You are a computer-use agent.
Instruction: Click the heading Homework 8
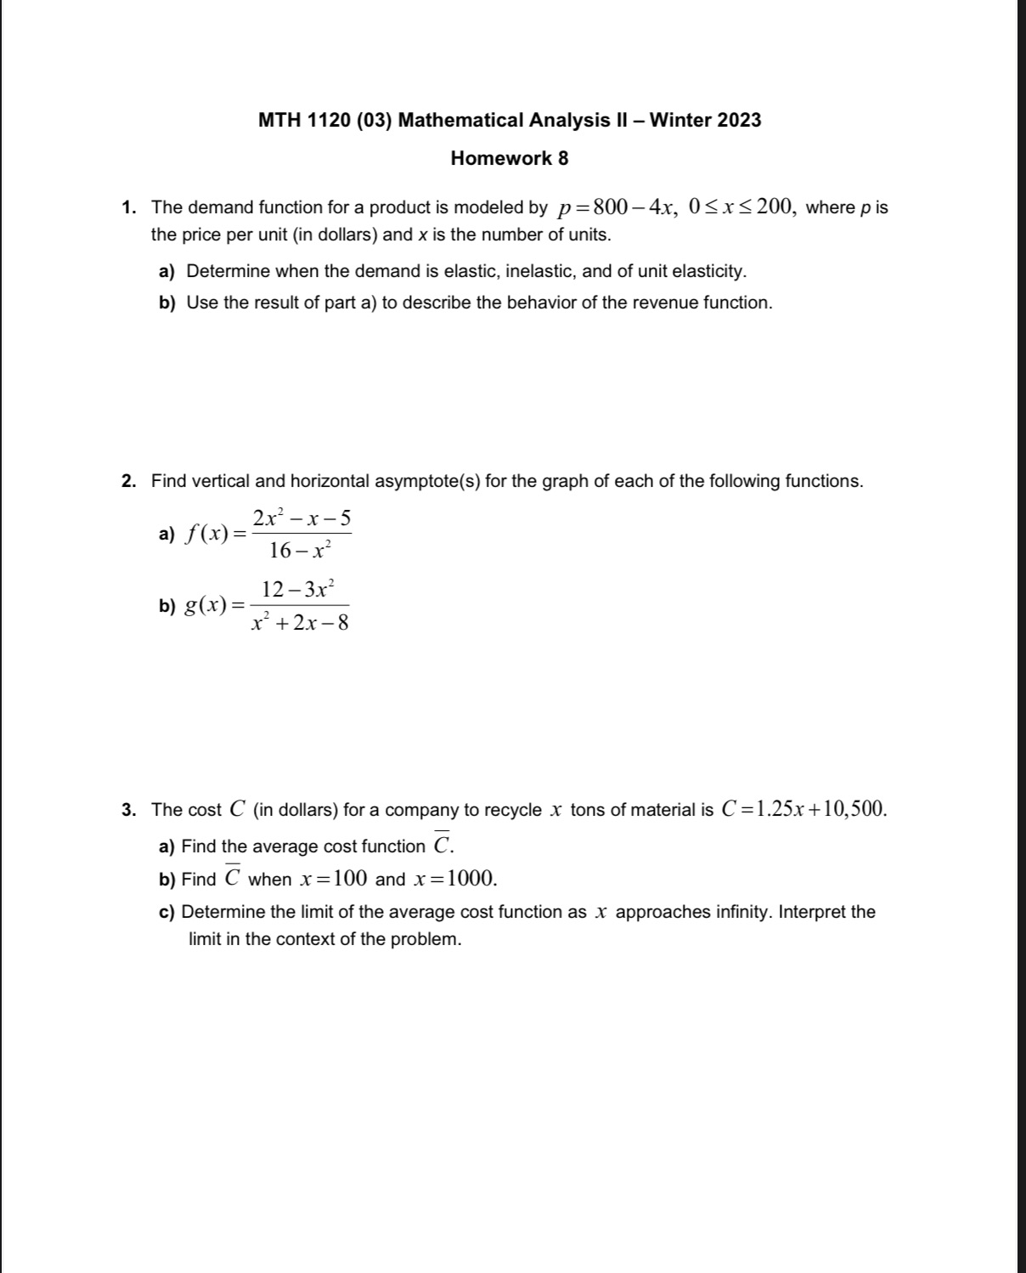509,158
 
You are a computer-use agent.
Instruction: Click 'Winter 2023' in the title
705,120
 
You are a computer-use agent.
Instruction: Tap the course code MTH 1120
304,120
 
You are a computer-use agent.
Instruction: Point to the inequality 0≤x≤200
741,207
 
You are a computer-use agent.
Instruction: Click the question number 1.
128,208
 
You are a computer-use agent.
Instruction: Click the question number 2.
128,482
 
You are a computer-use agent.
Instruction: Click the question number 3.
128,810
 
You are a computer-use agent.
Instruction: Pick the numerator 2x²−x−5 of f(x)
302,518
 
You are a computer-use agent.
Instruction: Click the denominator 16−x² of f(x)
298,551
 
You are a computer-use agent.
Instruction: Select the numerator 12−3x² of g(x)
298,588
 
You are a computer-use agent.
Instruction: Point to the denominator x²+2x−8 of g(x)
300,623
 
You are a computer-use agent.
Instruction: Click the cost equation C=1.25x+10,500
803,809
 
